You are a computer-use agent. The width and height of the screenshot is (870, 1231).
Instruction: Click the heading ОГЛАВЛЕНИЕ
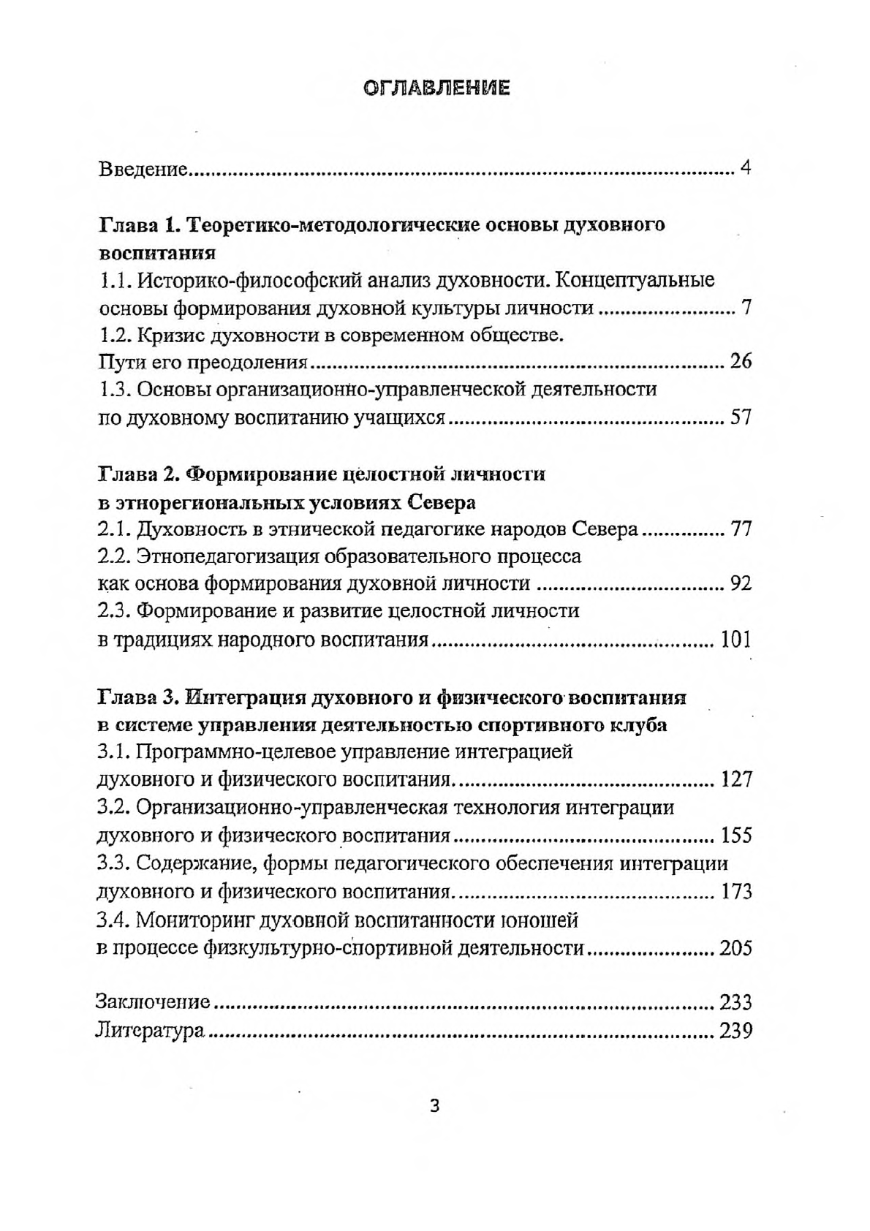coord(436,88)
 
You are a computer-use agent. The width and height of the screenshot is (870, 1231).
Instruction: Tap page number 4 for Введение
coord(745,169)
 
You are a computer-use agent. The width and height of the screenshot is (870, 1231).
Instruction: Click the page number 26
coord(741,361)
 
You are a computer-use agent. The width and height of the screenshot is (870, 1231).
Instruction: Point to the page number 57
coord(741,417)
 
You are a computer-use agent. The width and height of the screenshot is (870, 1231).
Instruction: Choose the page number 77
coord(741,529)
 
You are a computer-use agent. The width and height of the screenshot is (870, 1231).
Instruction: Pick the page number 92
coord(741,583)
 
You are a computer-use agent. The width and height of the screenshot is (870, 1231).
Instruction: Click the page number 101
coord(735,640)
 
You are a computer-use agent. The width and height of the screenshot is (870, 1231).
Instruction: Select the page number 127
coord(735,779)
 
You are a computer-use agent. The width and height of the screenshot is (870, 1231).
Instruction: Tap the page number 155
coord(735,836)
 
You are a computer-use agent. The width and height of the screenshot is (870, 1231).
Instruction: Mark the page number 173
coord(735,892)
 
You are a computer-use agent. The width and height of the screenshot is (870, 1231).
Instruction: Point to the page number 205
coord(735,948)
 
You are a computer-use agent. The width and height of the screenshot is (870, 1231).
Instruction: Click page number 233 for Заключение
coord(735,1002)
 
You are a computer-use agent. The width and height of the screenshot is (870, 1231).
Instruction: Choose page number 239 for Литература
coord(735,1031)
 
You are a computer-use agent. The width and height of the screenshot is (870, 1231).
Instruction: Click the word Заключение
coord(153,1002)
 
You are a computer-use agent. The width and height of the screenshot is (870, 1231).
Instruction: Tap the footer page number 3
coord(434,1106)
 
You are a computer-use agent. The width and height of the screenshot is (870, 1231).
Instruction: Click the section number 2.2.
coord(113,556)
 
